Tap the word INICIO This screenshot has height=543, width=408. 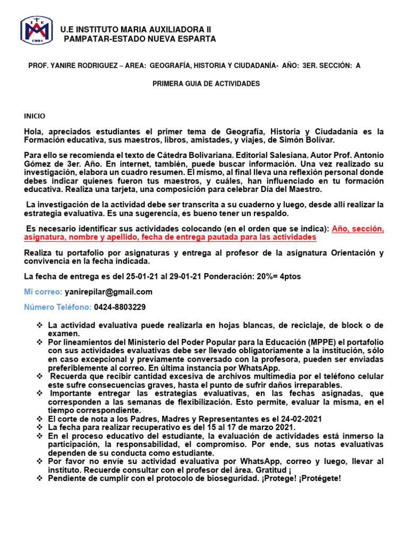(x=35, y=116)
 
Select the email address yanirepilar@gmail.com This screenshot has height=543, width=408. (x=108, y=292)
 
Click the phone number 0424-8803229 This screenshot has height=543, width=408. (x=120, y=307)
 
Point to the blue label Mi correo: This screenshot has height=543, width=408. (x=43, y=292)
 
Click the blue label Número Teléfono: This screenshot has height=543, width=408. (x=57, y=307)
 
